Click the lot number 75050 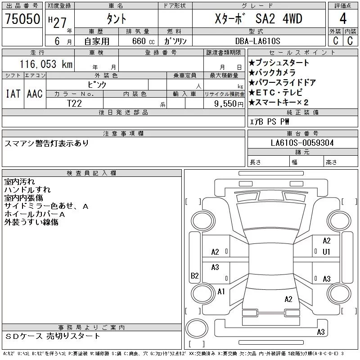(22, 19)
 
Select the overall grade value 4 (343, 18)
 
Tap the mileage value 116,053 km (46, 64)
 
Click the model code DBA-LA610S (257, 41)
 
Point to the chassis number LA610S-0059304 (302, 143)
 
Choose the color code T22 (74, 103)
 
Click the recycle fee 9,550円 (229, 104)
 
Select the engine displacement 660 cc (144, 41)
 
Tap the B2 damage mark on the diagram (195, 275)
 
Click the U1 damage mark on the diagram (326, 252)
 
